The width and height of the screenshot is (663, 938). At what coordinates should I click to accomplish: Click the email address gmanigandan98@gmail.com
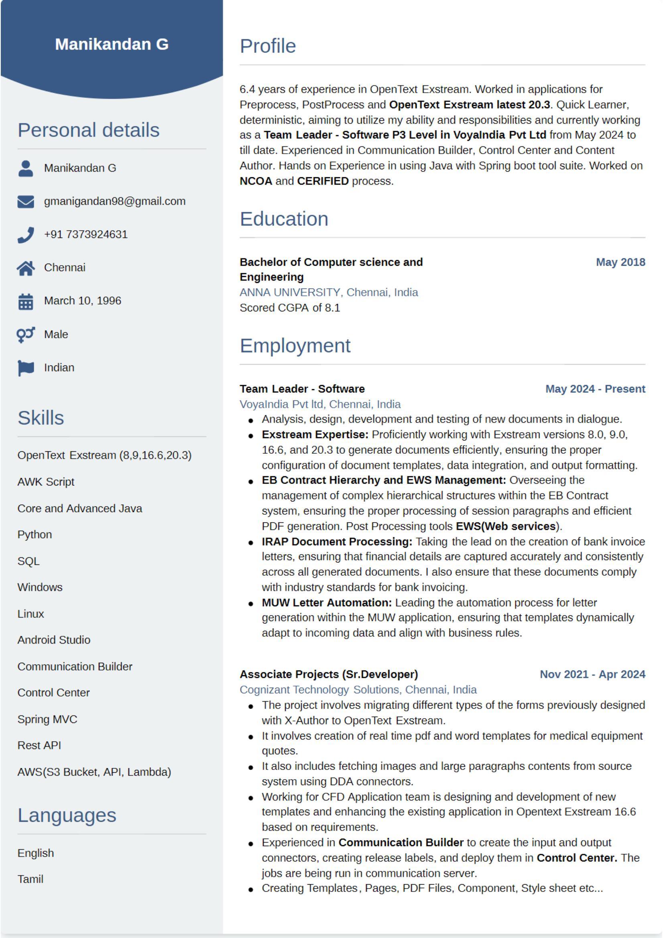pyautogui.click(x=114, y=201)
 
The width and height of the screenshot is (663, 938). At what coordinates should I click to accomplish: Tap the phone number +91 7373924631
pyautogui.click(x=86, y=234)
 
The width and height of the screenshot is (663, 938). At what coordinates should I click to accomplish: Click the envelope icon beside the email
pyautogui.click(x=26, y=201)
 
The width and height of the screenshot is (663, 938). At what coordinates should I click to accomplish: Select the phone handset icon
pyautogui.click(x=26, y=235)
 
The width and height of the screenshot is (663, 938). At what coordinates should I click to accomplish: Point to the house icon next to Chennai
pyautogui.click(x=26, y=268)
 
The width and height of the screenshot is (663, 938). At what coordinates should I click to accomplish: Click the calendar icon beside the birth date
pyautogui.click(x=26, y=302)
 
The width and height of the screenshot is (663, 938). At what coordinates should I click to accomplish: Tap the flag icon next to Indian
pyautogui.click(x=26, y=367)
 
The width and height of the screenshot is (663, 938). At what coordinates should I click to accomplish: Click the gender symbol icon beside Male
pyautogui.click(x=26, y=335)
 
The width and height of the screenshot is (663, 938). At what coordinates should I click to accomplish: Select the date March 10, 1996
pyautogui.click(x=83, y=300)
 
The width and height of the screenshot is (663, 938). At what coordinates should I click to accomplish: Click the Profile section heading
pyautogui.click(x=268, y=46)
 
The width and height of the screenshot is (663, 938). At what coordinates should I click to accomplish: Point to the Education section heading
pyautogui.click(x=284, y=219)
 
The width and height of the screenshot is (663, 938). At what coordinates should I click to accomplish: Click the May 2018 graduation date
pyautogui.click(x=620, y=262)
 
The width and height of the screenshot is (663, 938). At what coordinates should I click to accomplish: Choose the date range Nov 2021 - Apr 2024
pyautogui.click(x=592, y=674)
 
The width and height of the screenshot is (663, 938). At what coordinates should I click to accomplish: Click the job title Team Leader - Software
pyautogui.click(x=302, y=388)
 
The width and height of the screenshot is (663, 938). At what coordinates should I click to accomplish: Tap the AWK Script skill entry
pyautogui.click(x=46, y=482)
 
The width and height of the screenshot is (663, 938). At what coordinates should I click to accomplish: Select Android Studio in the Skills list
pyautogui.click(x=53, y=640)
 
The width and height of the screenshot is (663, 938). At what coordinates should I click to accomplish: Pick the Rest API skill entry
pyautogui.click(x=39, y=745)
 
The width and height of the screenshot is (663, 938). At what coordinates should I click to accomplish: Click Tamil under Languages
pyautogui.click(x=30, y=879)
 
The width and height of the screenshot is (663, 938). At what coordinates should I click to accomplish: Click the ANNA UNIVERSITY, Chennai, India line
pyautogui.click(x=329, y=292)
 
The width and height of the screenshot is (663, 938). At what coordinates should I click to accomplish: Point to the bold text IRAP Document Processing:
pyautogui.click(x=337, y=541)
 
